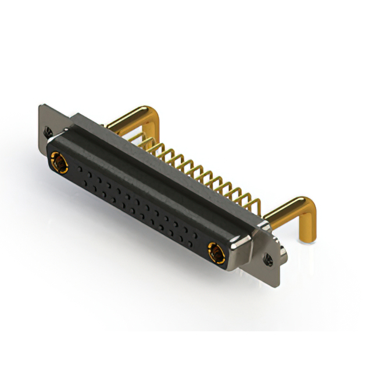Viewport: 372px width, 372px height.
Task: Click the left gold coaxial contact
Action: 58,162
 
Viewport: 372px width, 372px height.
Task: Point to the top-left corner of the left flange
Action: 40,106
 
